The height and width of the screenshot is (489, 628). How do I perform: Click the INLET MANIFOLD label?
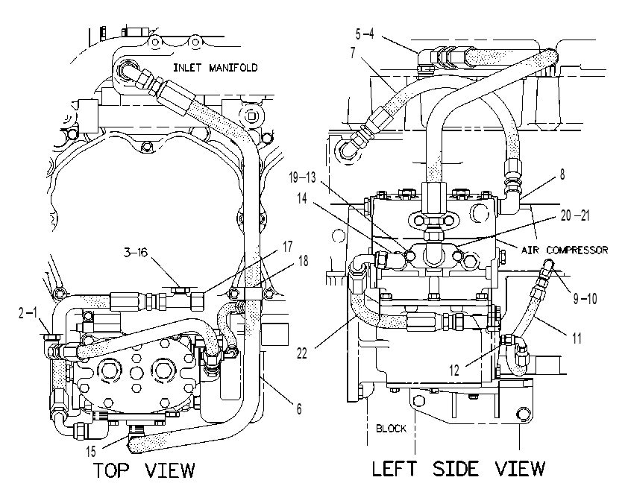(x=215, y=68)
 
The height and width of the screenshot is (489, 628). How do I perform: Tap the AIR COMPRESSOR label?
(x=565, y=250)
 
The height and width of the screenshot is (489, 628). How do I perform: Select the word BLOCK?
(x=391, y=429)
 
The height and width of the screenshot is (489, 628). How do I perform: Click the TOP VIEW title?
(x=144, y=470)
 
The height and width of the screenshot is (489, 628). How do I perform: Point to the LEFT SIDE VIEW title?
(x=459, y=469)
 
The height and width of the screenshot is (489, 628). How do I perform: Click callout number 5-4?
(x=365, y=34)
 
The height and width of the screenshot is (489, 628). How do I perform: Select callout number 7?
(x=353, y=53)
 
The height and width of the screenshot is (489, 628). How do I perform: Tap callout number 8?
(x=562, y=174)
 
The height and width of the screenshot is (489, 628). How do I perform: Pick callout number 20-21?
(x=575, y=215)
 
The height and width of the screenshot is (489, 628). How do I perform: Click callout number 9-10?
(x=585, y=298)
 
